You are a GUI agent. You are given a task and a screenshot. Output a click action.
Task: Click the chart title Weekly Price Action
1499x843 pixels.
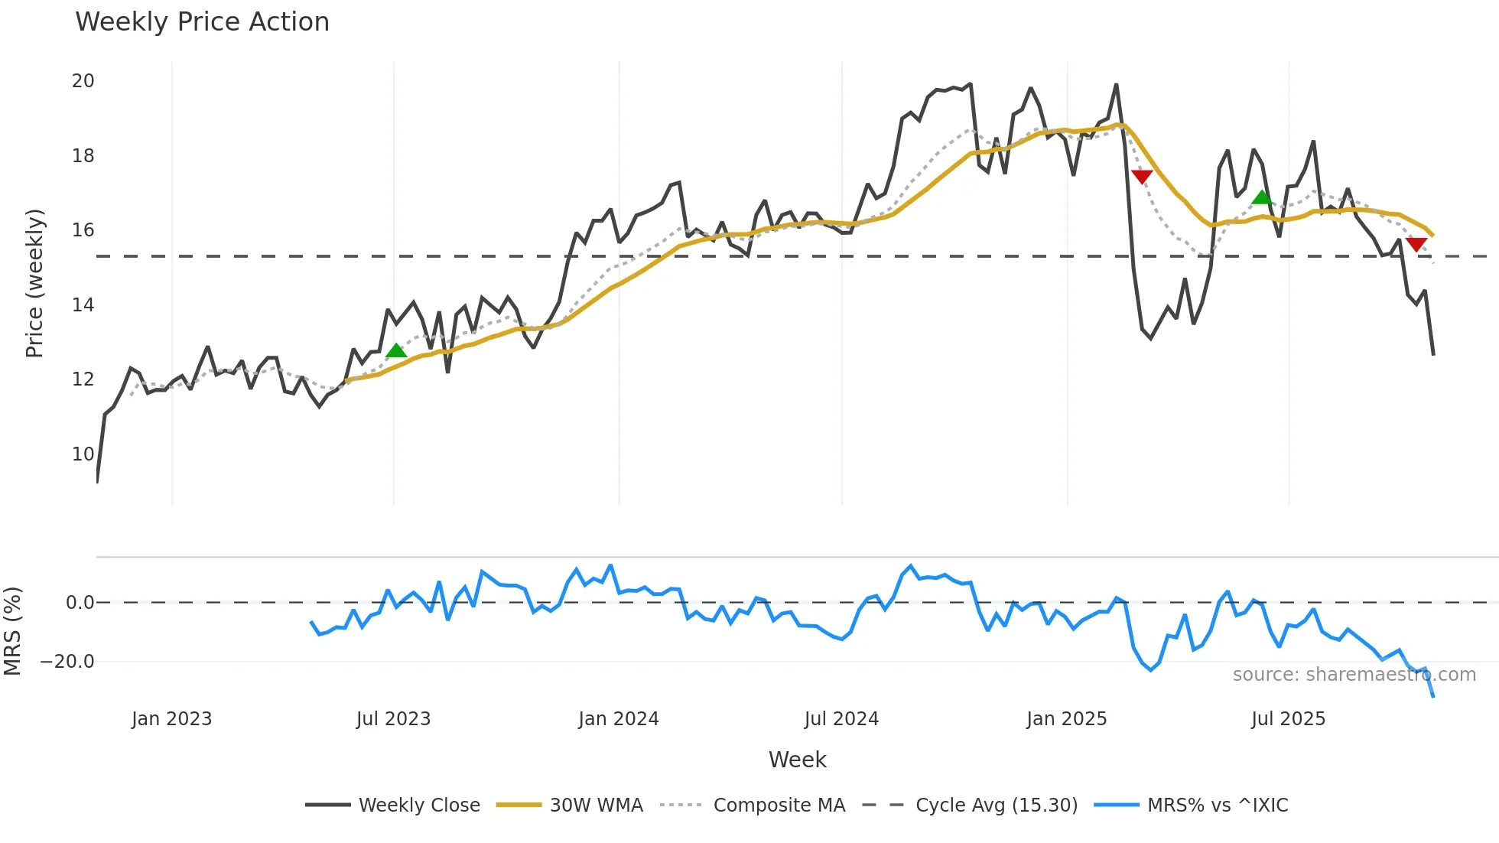(x=202, y=22)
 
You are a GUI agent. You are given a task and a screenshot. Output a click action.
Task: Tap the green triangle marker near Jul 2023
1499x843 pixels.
(x=396, y=351)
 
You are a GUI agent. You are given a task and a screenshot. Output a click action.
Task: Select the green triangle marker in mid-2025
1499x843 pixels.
(x=1262, y=197)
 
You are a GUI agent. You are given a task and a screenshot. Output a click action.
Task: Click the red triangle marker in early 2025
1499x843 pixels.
(x=1142, y=177)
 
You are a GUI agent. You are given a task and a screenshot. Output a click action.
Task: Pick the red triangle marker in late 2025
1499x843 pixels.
(x=1416, y=244)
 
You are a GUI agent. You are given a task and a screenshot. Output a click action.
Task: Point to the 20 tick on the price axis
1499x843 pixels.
(x=83, y=81)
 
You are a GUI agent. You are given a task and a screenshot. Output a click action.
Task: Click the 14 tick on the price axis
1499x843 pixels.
(x=83, y=305)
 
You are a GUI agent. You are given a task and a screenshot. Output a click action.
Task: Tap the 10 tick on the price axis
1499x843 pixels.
(x=83, y=454)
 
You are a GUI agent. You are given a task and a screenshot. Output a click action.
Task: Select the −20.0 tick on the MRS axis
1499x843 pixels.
(x=67, y=662)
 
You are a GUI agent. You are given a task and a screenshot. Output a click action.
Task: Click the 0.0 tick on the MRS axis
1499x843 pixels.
(x=80, y=603)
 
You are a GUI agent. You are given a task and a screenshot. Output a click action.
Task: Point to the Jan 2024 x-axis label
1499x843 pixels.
(x=618, y=719)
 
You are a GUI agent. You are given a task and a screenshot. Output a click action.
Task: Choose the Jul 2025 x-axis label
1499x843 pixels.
(x=1288, y=719)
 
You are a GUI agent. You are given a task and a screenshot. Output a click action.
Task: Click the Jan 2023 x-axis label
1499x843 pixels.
(x=171, y=719)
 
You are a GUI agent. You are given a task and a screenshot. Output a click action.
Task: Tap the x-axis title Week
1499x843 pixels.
(x=797, y=760)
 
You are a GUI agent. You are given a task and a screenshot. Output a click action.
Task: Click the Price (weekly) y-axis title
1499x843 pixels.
(x=34, y=283)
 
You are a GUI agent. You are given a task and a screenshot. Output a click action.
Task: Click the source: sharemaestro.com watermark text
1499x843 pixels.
(x=1354, y=675)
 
